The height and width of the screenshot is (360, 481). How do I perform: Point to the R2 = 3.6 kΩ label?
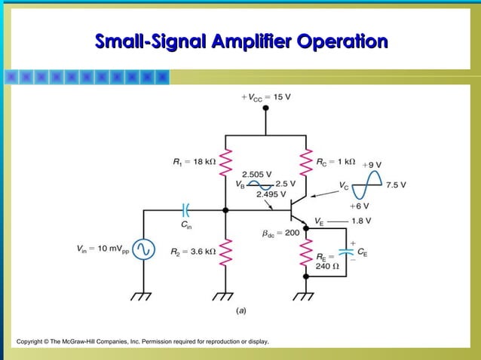click(x=192, y=251)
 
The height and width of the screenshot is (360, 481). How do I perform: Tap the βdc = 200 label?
click(x=281, y=233)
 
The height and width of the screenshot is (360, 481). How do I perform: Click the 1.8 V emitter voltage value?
click(x=363, y=221)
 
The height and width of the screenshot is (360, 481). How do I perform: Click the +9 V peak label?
click(x=372, y=164)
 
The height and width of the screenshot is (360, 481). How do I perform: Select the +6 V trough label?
click(x=360, y=205)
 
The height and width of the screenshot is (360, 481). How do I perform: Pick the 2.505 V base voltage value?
click(x=256, y=175)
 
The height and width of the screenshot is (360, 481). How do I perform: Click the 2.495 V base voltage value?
click(x=271, y=194)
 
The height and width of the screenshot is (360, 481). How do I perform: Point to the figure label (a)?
click(x=241, y=310)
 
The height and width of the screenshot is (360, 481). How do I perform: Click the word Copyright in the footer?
click(x=32, y=342)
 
